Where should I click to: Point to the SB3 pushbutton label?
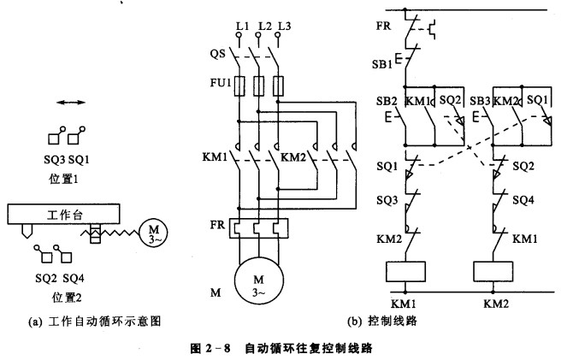[x=480, y=100]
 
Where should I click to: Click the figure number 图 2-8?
[x=220, y=348]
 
